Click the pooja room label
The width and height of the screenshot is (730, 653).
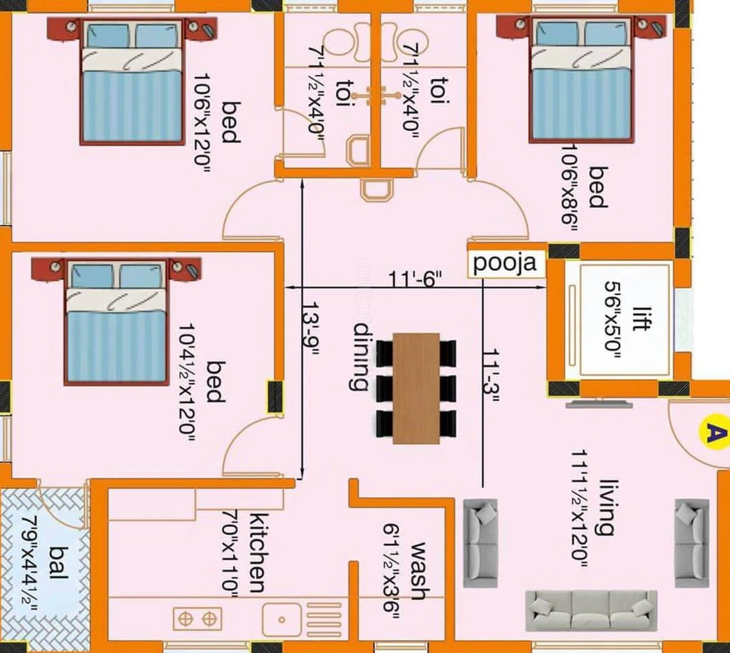point(505,264)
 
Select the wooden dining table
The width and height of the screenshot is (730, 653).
point(416,389)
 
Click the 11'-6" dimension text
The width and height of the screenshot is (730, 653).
point(415,279)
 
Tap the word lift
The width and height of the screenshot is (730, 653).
point(641,319)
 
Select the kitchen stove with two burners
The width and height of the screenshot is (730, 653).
point(197,619)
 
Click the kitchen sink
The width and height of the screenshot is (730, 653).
point(282,619)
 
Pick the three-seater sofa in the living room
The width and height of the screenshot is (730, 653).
point(591,611)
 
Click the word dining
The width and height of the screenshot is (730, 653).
point(361,356)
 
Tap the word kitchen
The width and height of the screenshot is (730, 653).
point(257,553)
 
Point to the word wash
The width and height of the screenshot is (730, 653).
point(418,571)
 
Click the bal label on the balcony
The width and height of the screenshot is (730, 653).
point(59,563)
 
